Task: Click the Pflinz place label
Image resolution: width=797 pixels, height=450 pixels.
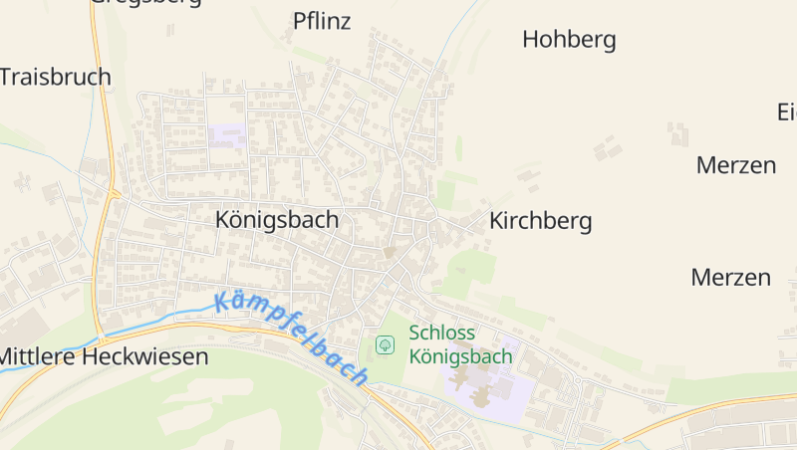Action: (x=322, y=21)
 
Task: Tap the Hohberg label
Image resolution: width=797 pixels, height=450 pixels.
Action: (x=569, y=40)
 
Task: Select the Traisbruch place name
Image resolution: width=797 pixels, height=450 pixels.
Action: (x=56, y=77)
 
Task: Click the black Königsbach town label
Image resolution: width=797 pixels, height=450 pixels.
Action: (x=277, y=220)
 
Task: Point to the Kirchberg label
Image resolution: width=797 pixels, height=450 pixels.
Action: (x=540, y=221)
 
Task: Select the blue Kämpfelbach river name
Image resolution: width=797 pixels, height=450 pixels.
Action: (x=292, y=337)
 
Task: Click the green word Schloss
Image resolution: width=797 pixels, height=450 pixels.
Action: (x=441, y=333)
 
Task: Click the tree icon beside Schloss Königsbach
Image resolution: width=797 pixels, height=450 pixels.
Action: (x=385, y=344)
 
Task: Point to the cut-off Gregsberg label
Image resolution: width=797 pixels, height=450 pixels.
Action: (x=145, y=3)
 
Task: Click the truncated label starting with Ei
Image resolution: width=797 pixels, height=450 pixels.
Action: (x=786, y=112)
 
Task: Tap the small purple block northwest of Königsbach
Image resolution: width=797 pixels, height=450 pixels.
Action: (x=227, y=136)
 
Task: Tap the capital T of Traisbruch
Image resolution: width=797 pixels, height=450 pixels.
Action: (x=7, y=77)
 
